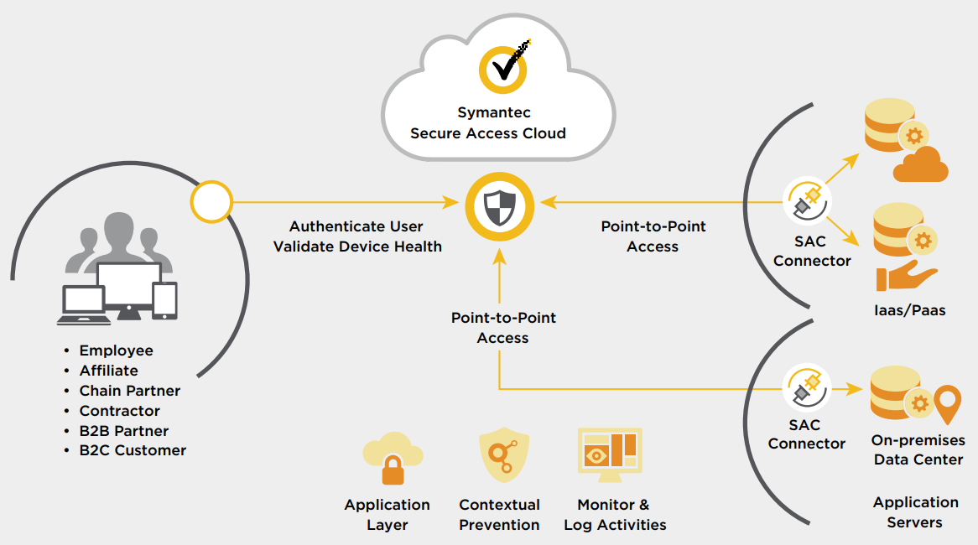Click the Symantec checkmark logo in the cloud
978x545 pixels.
[502, 68]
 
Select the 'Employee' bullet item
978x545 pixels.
[116, 350]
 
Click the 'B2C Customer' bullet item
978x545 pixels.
[133, 450]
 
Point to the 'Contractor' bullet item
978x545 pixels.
[119, 411]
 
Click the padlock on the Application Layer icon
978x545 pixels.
[393, 473]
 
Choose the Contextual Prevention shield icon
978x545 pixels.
[504, 454]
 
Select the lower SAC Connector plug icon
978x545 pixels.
[807, 387]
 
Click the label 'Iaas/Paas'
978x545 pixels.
[909, 310]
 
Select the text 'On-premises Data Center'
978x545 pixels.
[918, 450]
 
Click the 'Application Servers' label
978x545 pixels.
[915, 512]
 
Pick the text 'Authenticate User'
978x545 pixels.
[356, 226]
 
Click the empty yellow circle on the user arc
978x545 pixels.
[211, 201]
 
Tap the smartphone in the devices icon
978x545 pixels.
[165, 300]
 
